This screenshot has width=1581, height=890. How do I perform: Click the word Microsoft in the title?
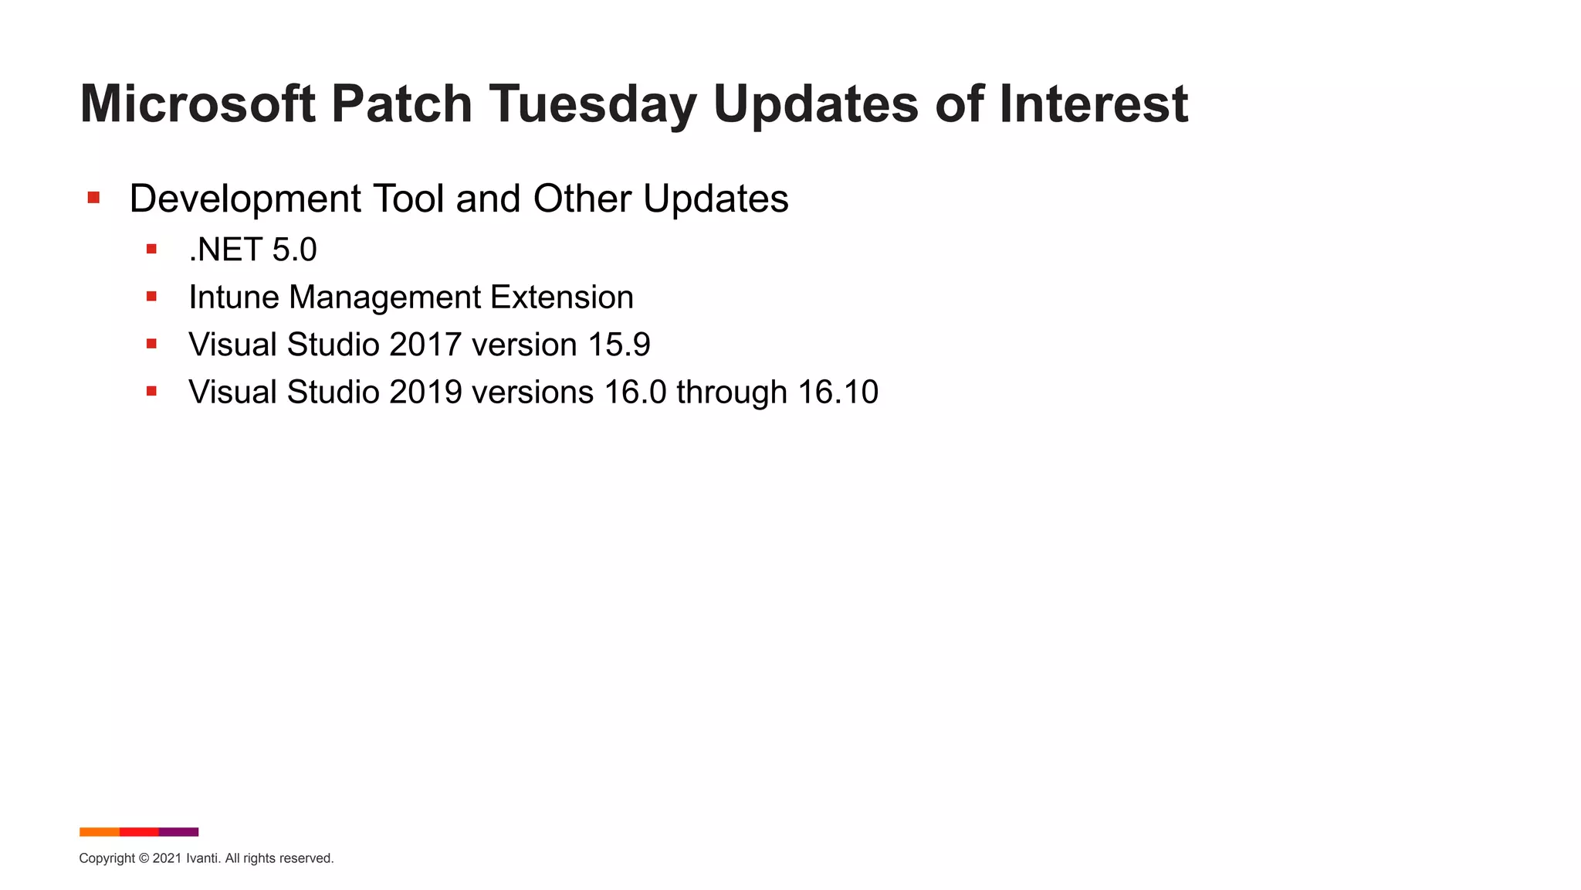click(x=198, y=104)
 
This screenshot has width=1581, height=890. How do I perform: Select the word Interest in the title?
click(x=1093, y=104)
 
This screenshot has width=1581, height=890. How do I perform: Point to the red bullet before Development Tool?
click(x=93, y=198)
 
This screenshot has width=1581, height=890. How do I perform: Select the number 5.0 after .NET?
click(x=294, y=250)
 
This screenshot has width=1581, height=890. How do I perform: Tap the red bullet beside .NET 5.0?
click(x=151, y=249)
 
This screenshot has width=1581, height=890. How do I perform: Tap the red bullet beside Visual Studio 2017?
click(x=151, y=344)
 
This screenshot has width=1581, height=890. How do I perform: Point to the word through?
click(x=731, y=392)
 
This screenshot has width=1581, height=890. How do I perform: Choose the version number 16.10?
click(x=838, y=392)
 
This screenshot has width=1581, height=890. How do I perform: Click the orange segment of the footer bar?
click(x=99, y=832)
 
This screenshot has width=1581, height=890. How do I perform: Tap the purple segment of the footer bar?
click(x=179, y=832)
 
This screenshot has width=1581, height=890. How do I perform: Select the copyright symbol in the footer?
click(x=144, y=858)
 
